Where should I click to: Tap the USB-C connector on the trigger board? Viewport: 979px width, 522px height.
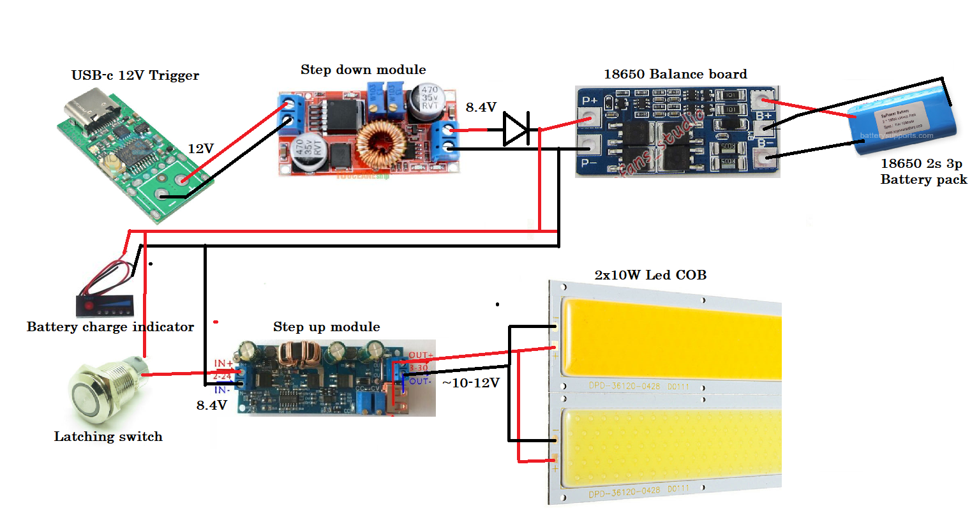89,112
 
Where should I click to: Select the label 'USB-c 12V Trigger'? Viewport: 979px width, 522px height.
135,75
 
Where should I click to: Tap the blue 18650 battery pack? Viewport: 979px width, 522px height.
902,123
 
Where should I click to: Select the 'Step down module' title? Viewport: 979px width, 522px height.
363,70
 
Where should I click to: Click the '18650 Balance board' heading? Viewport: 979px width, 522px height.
675,74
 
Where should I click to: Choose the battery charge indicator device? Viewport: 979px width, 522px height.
105,305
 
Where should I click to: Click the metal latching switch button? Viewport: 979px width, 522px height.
96,392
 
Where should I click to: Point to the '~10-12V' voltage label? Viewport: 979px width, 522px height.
470,383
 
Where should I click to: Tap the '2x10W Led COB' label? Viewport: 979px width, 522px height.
650,275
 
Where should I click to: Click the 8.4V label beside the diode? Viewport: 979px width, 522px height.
481,107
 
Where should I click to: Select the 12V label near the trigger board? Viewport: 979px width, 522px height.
200,149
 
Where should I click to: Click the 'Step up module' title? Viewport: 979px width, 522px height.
326,327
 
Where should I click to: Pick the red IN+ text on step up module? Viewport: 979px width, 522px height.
223,363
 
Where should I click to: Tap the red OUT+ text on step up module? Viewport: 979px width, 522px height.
421,355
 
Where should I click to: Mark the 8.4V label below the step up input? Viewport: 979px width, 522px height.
211,405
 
